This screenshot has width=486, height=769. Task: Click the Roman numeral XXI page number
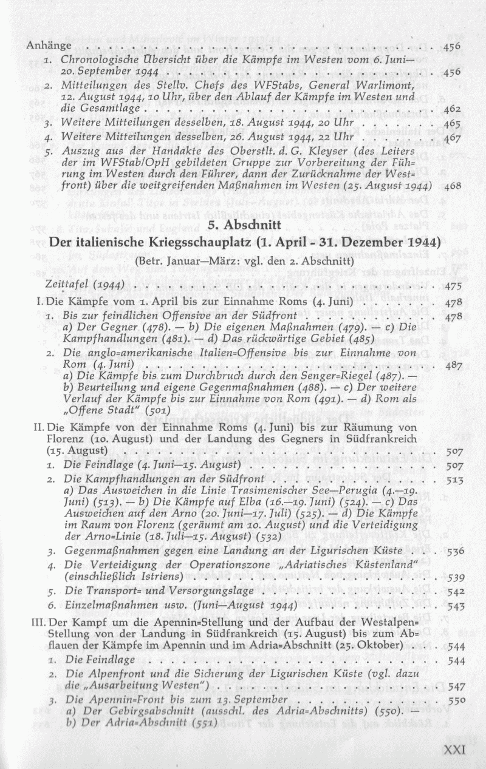[454, 750]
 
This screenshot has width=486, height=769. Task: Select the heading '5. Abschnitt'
[243, 225]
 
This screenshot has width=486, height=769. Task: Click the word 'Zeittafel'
[64, 285]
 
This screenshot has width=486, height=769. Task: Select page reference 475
[455, 286]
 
